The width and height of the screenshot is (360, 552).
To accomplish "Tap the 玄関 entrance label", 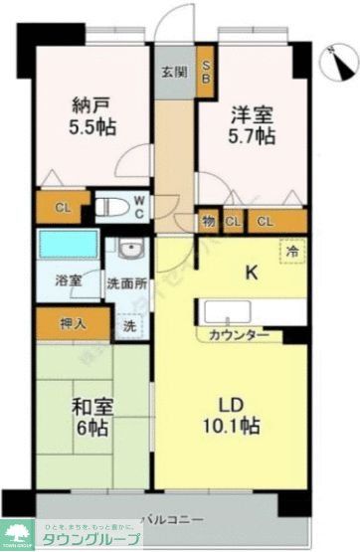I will [x=174, y=74].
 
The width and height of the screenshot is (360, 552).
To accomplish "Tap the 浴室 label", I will [x=55, y=282].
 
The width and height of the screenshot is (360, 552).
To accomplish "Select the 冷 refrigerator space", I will [x=291, y=253].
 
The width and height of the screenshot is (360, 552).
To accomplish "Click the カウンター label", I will [x=239, y=335].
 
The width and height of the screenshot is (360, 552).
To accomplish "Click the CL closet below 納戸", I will [x=63, y=208].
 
